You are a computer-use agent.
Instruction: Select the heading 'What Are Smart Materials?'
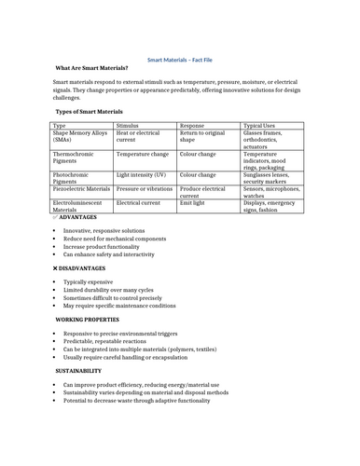click(x=91, y=68)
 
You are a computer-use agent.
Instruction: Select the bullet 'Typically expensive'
click(x=89, y=281)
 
